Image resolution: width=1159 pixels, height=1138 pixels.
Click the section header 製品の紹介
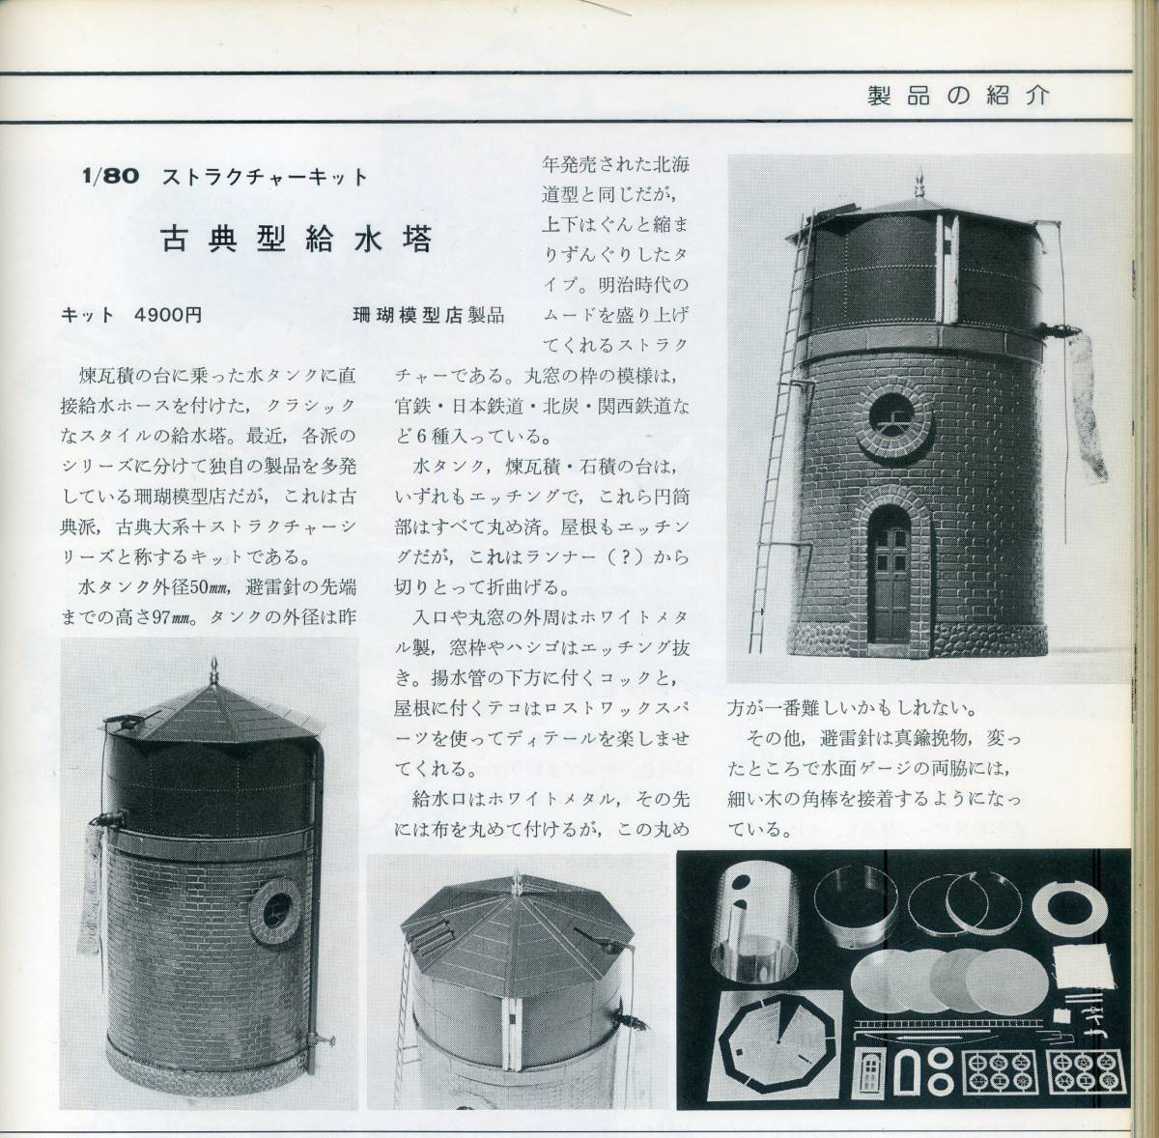[x=958, y=97]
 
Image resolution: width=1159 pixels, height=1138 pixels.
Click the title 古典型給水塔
[x=297, y=240]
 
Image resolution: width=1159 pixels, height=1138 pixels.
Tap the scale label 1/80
[x=111, y=176]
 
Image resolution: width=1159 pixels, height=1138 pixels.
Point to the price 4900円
[x=170, y=315]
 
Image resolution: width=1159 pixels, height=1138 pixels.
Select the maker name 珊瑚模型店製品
[x=428, y=315]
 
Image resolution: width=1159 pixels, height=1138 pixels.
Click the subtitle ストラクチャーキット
[x=265, y=177]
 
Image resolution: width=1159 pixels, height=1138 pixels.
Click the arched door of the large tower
[x=891, y=575]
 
